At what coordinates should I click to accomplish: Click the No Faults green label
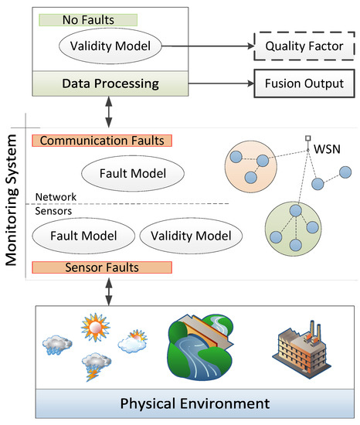click(88, 20)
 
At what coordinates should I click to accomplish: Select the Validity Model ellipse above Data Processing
click(110, 46)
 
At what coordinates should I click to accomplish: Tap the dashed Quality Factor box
click(304, 46)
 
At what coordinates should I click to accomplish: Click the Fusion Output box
click(304, 83)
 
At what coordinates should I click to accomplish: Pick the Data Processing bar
click(110, 83)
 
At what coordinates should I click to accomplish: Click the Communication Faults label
click(102, 141)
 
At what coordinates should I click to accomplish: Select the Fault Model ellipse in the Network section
click(133, 173)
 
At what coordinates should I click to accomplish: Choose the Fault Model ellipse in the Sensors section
click(83, 236)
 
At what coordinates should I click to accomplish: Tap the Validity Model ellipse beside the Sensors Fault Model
click(191, 236)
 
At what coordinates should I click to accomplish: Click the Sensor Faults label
click(102, 267)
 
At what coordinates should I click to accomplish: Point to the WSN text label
click(327, 149)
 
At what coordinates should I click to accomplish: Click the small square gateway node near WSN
click(308, 138)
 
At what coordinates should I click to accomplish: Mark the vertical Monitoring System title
click(12, 200)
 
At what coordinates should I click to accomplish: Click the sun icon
click(95, 327)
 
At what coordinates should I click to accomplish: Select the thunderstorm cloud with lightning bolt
click(96, 367)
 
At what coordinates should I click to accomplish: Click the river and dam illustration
click(200, 347)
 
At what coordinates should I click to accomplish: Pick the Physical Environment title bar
click(195, 403)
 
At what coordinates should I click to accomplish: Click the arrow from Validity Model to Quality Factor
click(208, 46)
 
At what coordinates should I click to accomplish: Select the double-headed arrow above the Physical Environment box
click(109, 292)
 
